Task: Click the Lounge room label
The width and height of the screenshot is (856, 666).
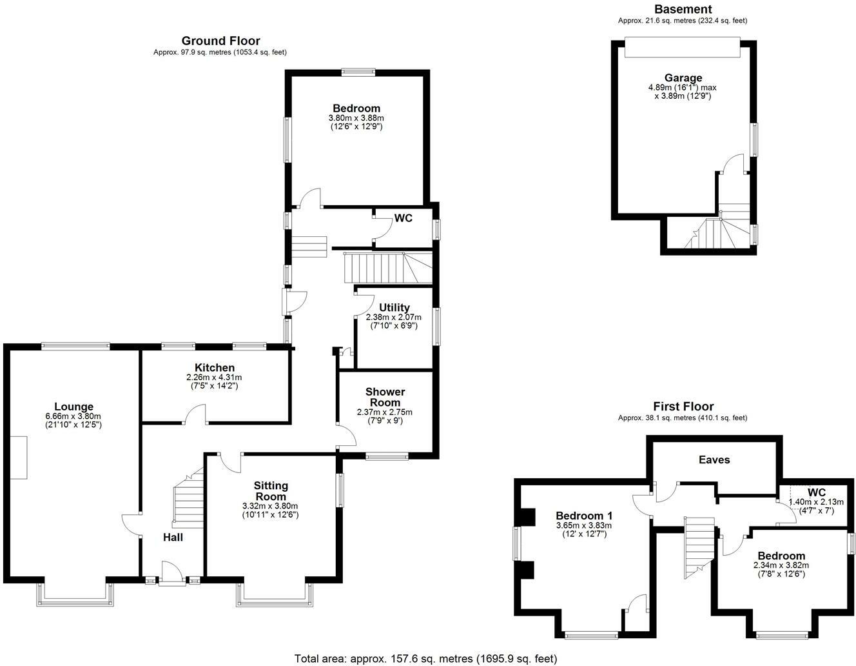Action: pos(73,407)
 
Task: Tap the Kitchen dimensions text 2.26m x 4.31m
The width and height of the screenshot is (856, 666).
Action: pos(214,377)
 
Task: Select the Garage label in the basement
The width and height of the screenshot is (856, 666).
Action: pos(683,78)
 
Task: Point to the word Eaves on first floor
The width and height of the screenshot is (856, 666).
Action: pos(714,459)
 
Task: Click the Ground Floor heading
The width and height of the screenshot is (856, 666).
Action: pos(220,41)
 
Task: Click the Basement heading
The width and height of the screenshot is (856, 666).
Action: pos(683,9)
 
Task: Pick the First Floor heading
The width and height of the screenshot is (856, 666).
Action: pos(683,407)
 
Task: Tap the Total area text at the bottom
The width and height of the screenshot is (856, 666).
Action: pos(425,659)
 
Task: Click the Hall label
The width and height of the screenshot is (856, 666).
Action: pos(173,537)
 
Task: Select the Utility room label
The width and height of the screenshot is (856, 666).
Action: pos(394,308)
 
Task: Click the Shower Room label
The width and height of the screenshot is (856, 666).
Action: pos(385,397)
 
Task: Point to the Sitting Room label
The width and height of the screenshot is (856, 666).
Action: pos(271,491)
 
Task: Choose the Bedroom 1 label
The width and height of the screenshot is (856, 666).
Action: pos(584,516)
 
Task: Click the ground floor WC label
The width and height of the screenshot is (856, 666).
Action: pos(404,218)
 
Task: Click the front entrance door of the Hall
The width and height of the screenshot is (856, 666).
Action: pos(172,574)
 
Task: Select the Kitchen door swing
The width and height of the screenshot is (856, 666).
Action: pos(195,414)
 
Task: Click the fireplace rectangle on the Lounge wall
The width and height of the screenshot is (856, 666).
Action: pos(19,457)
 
